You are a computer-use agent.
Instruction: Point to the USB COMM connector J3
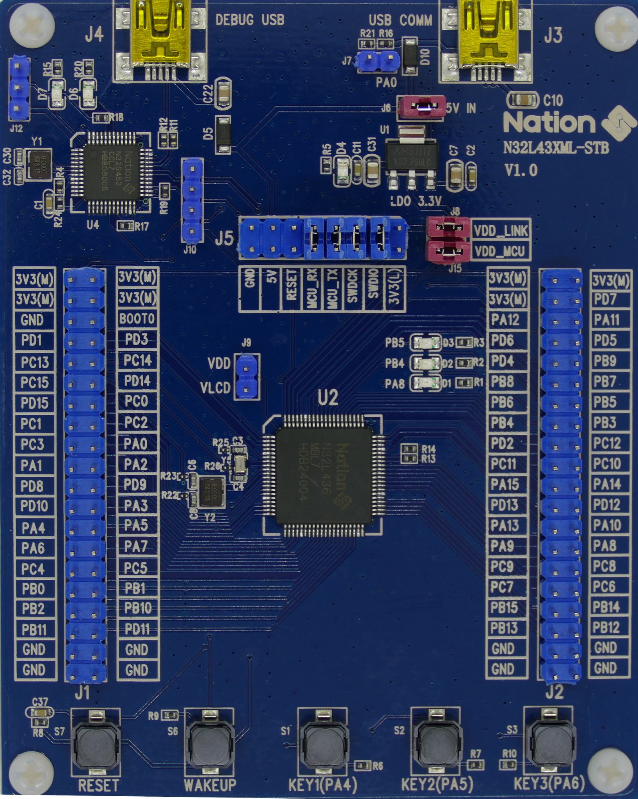[x=486, y=39]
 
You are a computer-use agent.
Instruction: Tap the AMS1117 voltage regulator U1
[x=411, y=156]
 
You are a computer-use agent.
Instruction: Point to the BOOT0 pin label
[x=137, y=319]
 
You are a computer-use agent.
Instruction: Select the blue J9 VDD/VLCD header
[x=246, y=376]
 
